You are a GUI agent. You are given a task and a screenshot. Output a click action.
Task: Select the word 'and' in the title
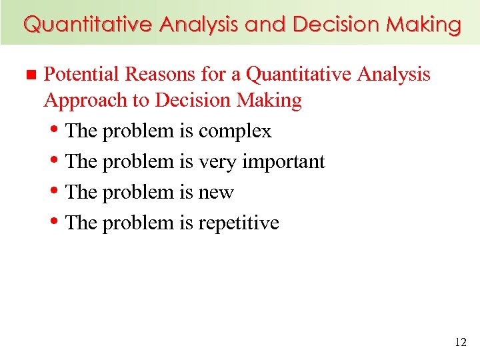tap(265, 25)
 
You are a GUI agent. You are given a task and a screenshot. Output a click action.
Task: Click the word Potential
tap(81, 74)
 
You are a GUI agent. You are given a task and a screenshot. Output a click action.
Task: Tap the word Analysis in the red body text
tap(393, 74)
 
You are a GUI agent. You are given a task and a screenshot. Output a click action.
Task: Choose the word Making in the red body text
tap(269, 101)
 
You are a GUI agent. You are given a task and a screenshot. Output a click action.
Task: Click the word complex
tap(235, 131)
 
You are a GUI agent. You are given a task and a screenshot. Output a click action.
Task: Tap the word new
tap(216, 193)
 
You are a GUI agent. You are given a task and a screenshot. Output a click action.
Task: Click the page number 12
tap(460, 342)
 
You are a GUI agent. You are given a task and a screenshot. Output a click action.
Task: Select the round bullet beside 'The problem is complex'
tap(56, 129)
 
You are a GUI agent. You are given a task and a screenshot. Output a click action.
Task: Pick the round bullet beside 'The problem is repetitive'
tap(56, 221)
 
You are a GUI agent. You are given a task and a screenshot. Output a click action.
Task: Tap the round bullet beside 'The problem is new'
tap(56, 190)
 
